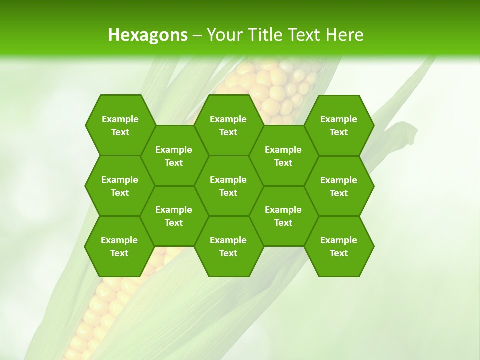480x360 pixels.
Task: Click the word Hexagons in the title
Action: click(148, 35)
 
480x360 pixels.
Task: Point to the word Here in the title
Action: click(344, 35)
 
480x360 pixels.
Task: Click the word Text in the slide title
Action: click(304, 35)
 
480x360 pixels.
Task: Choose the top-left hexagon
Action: click(120, 125)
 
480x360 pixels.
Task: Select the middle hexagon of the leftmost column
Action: click(120, 186)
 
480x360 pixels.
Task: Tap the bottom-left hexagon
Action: click(119, 246)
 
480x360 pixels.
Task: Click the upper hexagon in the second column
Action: click(174, 156)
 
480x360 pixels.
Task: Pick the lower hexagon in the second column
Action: click(174, 216)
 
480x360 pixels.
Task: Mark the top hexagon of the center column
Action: click(228, 125)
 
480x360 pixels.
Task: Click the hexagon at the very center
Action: click(228, 186)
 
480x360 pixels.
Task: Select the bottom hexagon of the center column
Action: click(228, 246)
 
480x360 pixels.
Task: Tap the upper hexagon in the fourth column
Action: click(283, 156)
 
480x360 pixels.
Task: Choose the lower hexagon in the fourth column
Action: click(283, 216)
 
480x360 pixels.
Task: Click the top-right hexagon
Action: click(339, 125)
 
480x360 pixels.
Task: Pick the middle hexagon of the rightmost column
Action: click(339, 186)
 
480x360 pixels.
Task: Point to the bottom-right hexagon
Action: click(339, 246)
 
